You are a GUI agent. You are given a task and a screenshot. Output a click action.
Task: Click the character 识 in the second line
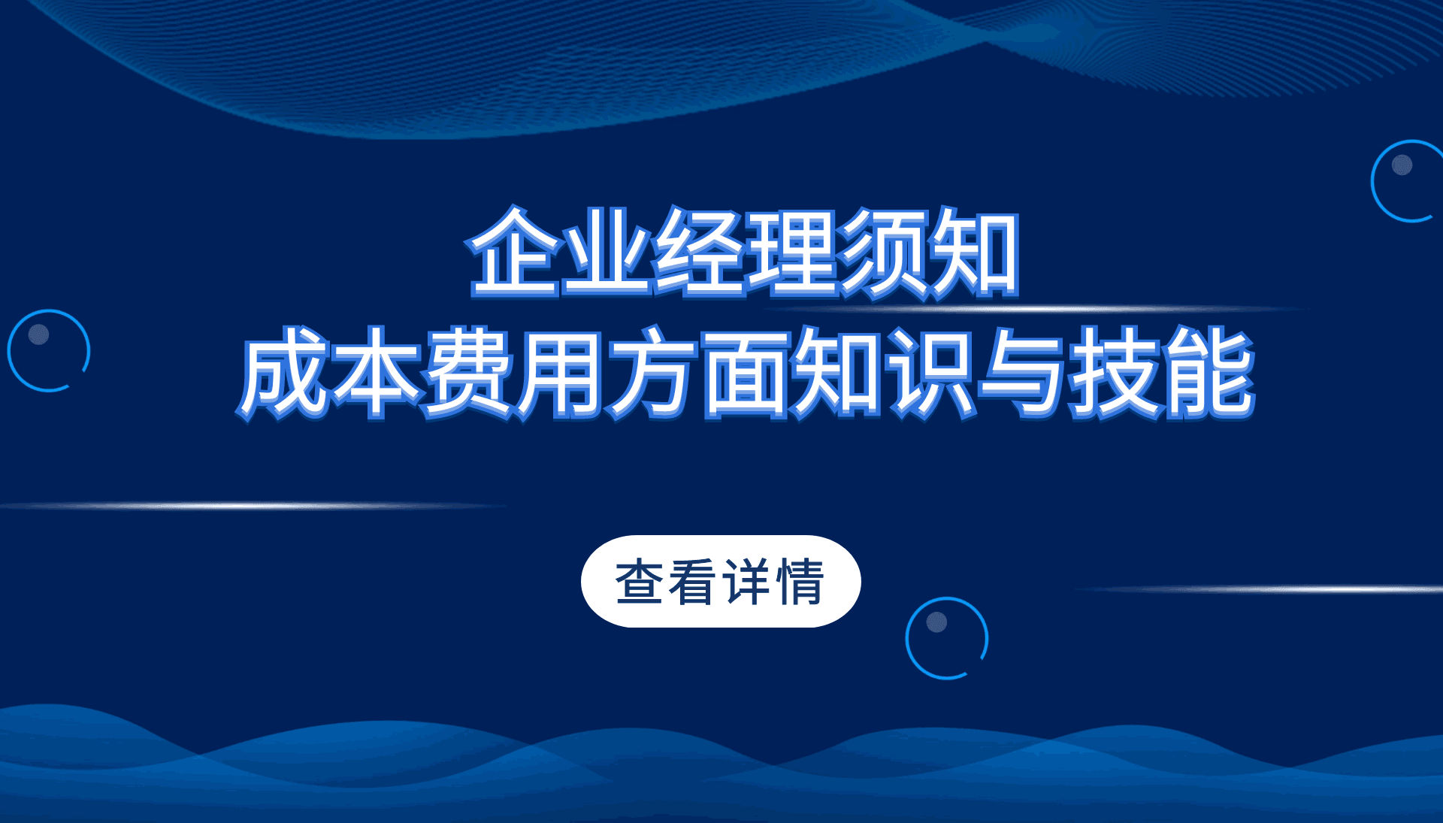click(x=931, y=373)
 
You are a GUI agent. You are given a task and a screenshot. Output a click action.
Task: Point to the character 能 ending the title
click(x=1209, y=373)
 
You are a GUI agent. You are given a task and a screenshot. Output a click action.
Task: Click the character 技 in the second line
click(x=1116, y=373)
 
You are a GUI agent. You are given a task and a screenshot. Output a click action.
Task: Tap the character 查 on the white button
click(x=640, y=582)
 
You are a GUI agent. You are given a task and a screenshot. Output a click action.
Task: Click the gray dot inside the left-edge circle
click(x=38, y=334)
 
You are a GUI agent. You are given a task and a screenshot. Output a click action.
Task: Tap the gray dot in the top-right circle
click(x=1402, y=165)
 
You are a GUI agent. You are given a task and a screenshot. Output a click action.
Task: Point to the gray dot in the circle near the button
click(x=936, y=622)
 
